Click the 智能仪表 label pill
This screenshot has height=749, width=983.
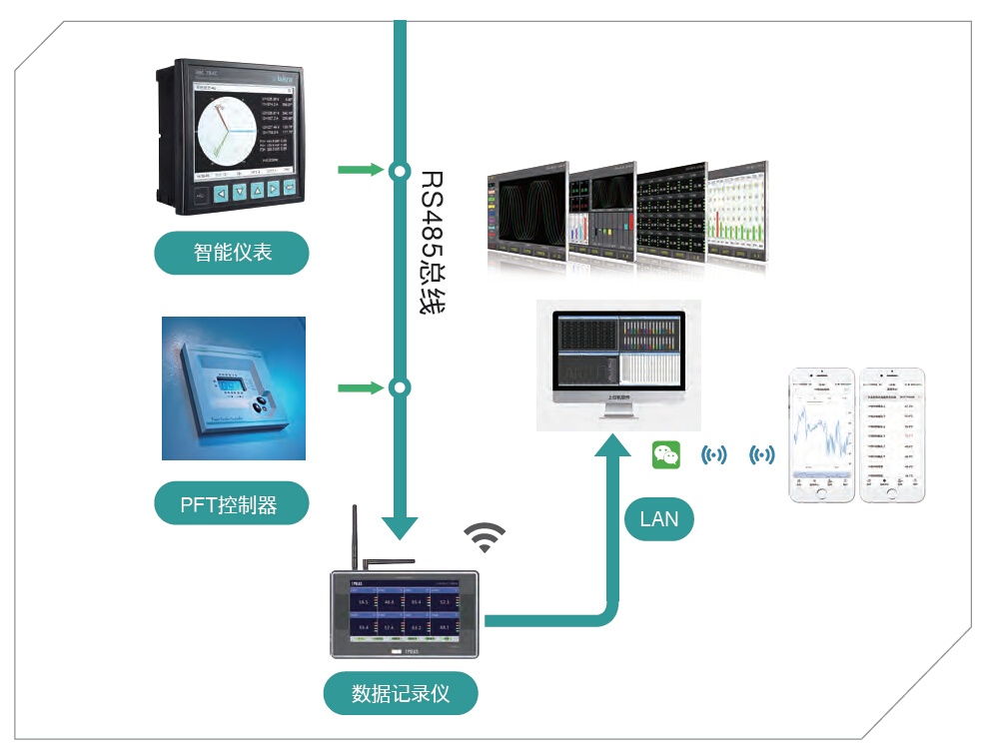232,253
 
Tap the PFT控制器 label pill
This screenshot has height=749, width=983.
232,504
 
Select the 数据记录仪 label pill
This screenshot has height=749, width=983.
401,693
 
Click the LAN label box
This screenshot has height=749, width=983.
658,519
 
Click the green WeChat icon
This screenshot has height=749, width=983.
666,455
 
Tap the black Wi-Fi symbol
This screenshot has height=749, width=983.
485,537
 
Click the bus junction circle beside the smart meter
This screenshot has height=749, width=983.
400,170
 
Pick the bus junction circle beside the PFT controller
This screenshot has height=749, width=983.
400,386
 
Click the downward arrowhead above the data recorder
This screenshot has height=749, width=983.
400,526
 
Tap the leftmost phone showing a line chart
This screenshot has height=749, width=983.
822,434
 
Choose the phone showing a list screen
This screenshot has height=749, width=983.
892,434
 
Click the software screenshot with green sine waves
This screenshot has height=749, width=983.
524,214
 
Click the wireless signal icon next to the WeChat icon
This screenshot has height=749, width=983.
714,455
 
